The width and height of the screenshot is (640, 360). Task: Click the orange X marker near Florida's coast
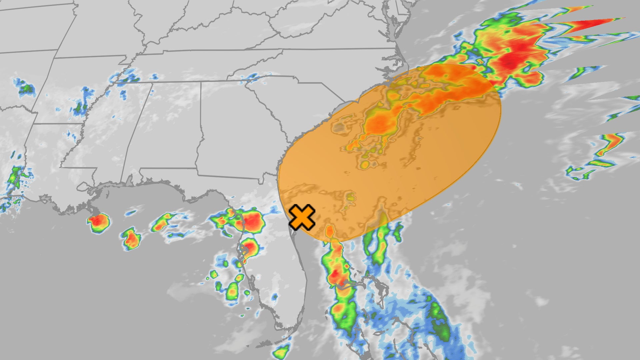coord(302,217)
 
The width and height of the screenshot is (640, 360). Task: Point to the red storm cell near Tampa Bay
coord(249,247)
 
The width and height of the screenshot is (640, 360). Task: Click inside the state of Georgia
coord(233,133)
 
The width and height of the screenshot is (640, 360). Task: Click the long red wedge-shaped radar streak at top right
coord(593,24)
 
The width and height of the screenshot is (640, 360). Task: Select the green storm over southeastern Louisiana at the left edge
coord(15,177)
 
